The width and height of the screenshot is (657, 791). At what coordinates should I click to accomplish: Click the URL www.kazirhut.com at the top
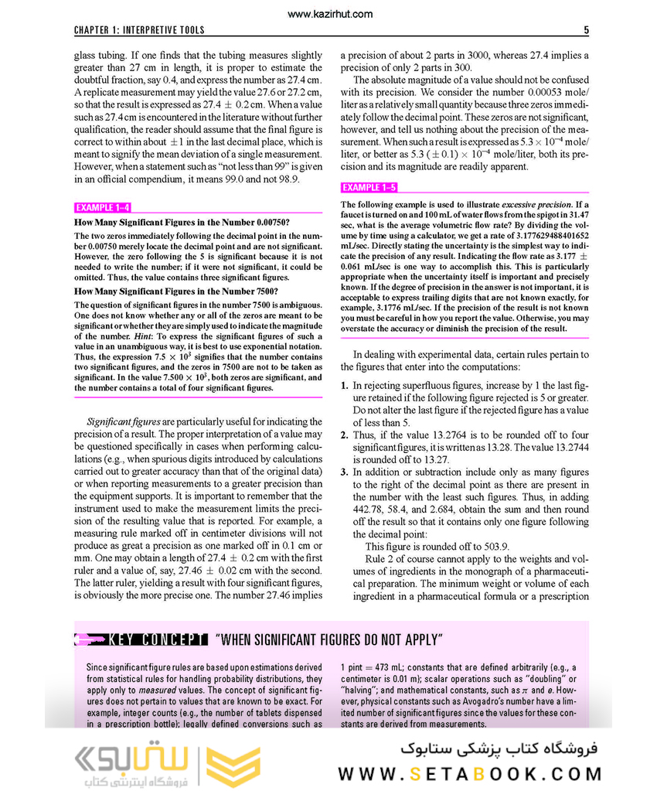(328, 14)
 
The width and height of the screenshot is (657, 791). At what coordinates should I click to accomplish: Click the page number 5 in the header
(586, 31)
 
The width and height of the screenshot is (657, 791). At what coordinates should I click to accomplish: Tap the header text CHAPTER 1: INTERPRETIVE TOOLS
(139, 31)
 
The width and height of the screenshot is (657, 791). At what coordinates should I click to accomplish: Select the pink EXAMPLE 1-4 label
(102, 208)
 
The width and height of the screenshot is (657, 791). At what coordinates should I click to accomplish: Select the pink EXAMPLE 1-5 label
(369, 188)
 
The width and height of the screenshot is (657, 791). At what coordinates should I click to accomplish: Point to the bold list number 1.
(345, 385)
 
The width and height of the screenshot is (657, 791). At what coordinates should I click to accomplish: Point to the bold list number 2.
(345, 435)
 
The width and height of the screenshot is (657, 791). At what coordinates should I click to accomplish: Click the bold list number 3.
(345, 472)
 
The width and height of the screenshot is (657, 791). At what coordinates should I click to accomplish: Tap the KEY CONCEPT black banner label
(158, 639)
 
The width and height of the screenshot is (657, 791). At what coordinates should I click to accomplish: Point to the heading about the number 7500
(175, 292)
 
